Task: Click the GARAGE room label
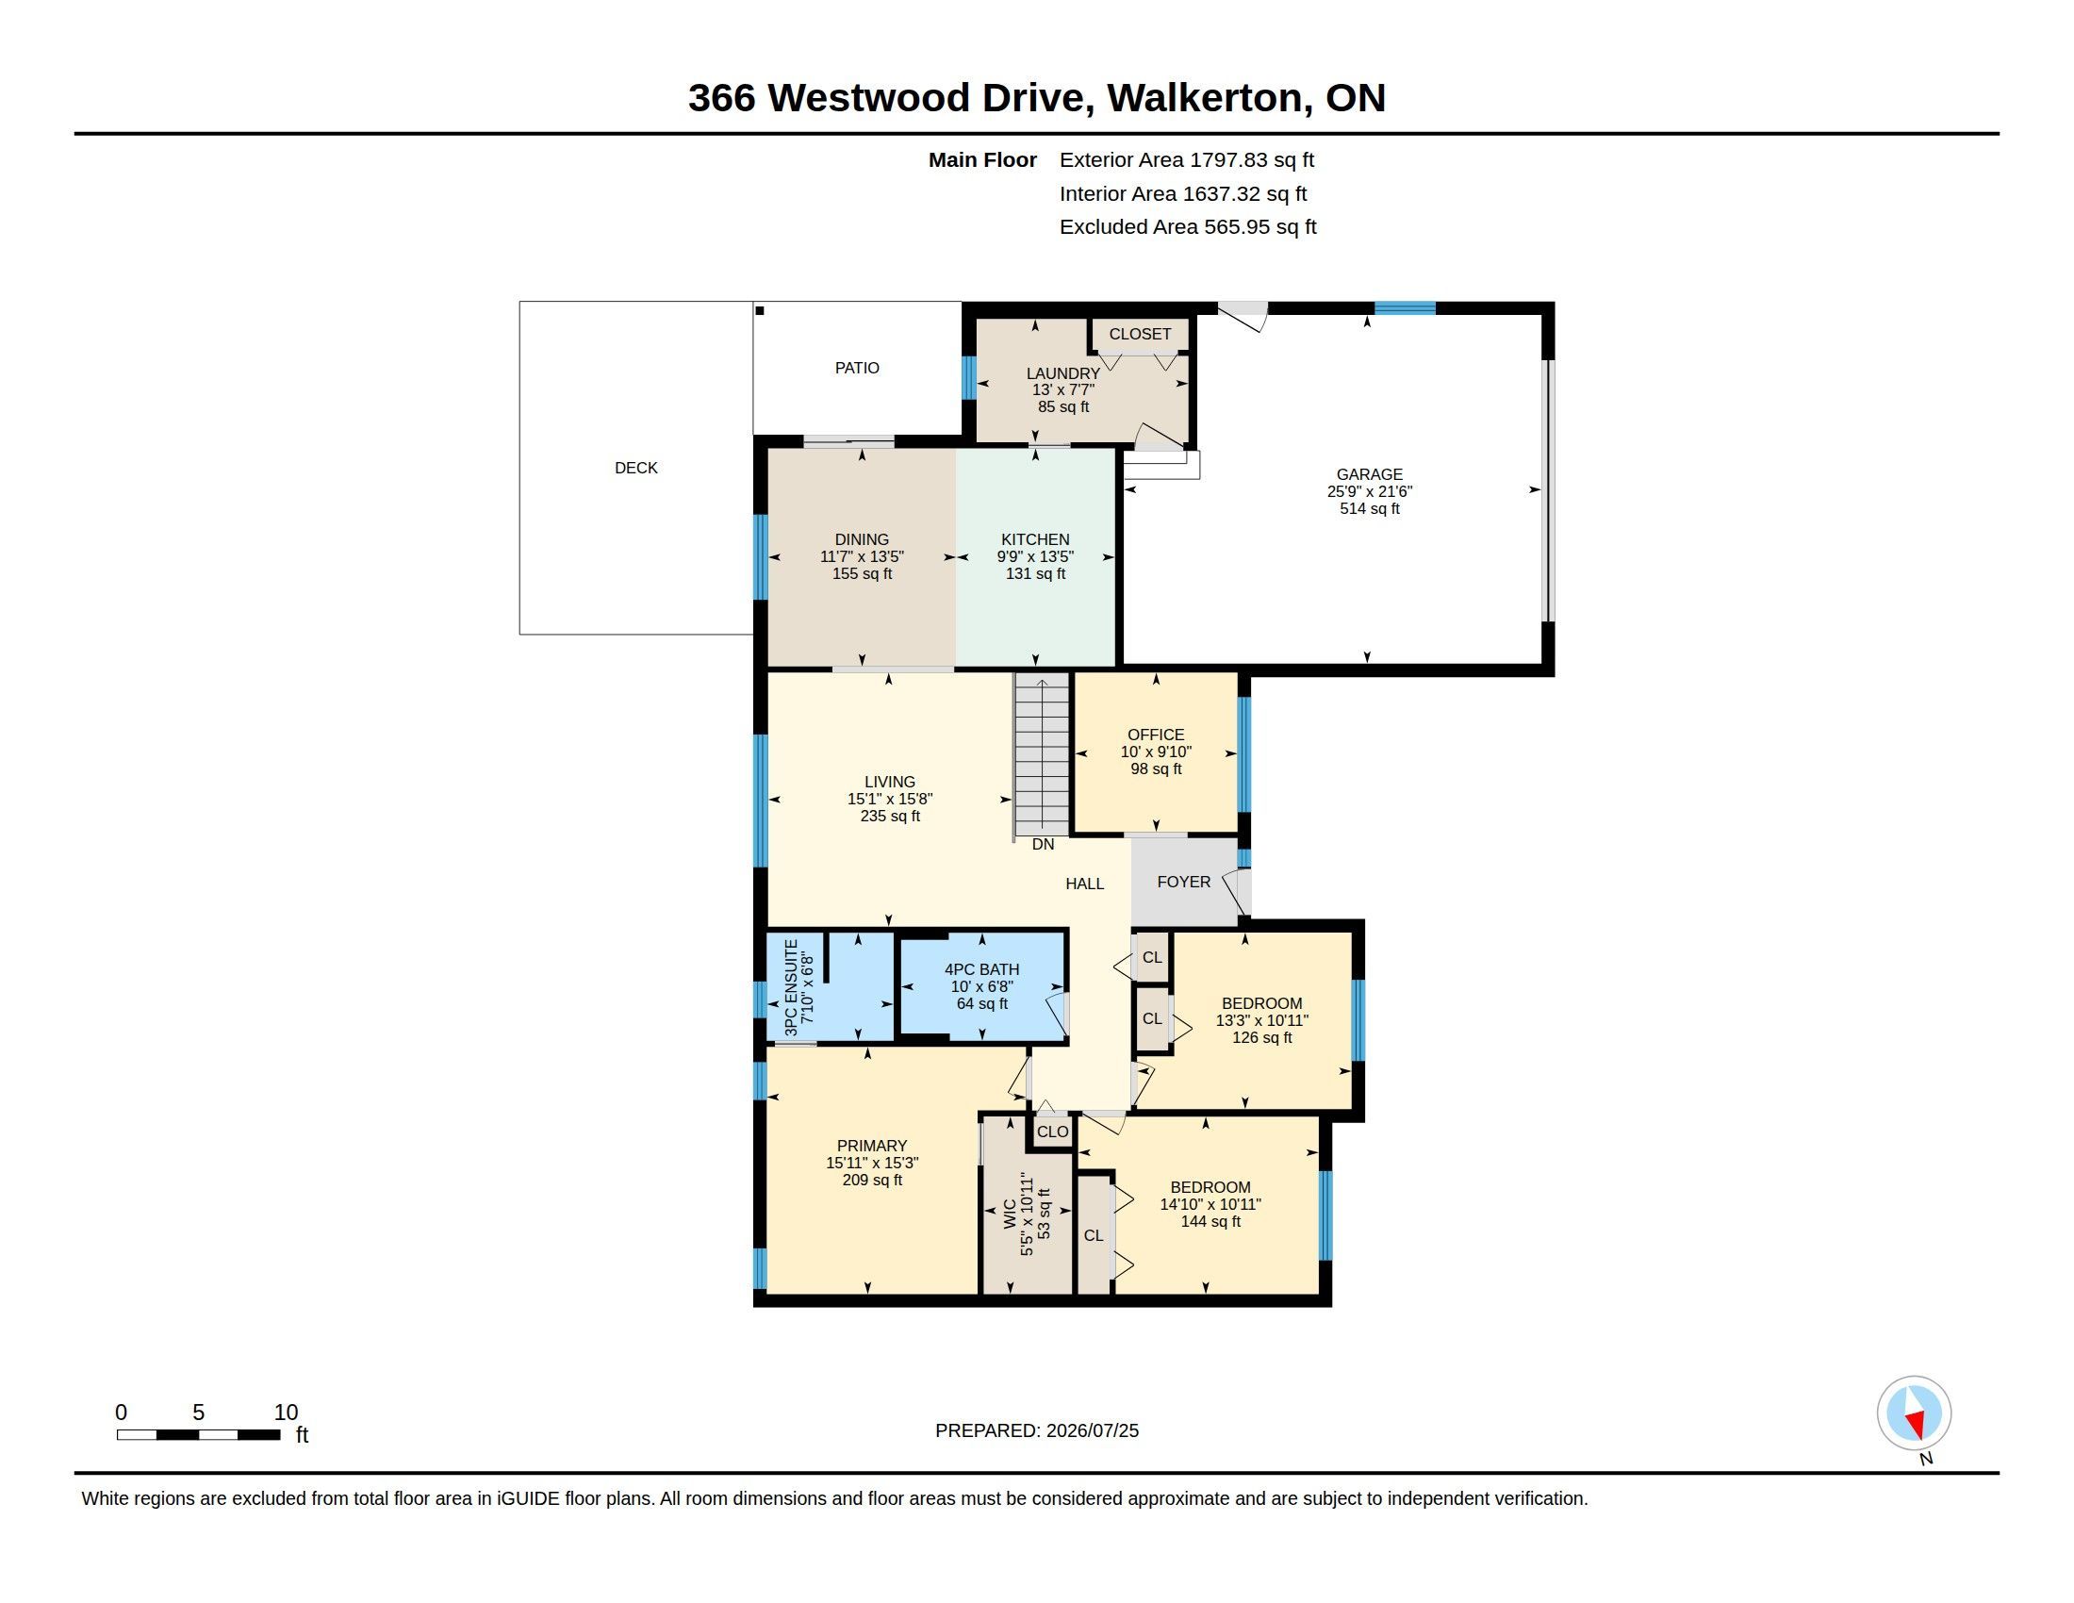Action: (x=1369, y=474)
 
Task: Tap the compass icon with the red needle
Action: (x=1914, y=1413)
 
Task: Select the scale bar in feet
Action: (x=199, y=1434)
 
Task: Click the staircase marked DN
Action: (x=1042, y=754)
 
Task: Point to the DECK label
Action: (x=635, y=467)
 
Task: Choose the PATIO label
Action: (x=857, y=368)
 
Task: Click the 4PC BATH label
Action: (x=982, y=969)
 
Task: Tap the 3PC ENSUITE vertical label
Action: (x=791, y=987)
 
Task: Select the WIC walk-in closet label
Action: (x=1010, y=1215)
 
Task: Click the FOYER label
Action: (x=1183, y=883)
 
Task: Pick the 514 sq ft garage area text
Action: (x=1370, y=509)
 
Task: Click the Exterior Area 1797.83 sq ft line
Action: (x=1187, y=160)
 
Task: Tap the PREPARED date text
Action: (x=1037, y=1430)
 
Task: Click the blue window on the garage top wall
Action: (x=1406, y=307)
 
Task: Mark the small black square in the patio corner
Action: (x=760, y=310)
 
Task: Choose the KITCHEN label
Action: (x=1035, y=539)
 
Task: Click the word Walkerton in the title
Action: (x=1204, y=98)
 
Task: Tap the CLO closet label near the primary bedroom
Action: (x=1052, y=1132)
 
